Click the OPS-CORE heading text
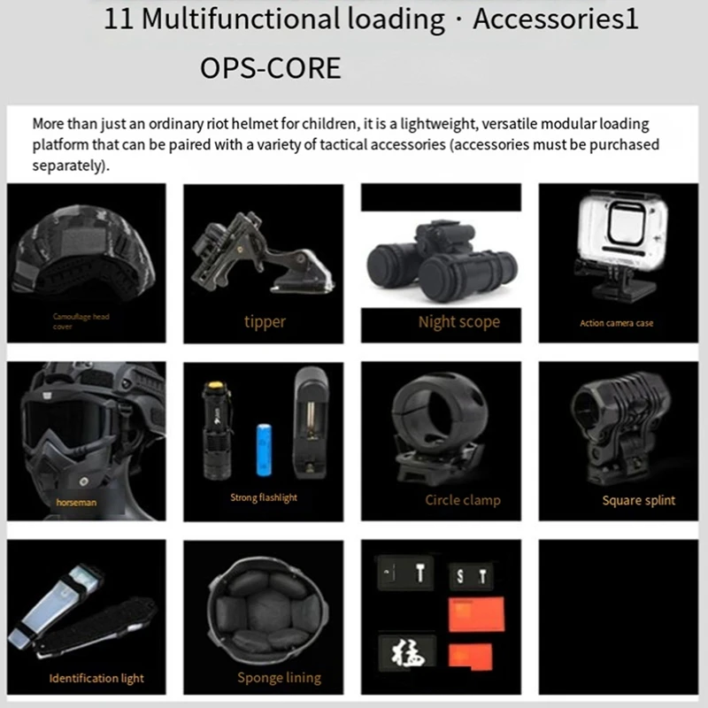pyautogui.click(x=270, y=68)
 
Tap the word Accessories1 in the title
pyautogui.click(x=555, y=19)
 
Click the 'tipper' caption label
pyautogui.click(x=265, y=322)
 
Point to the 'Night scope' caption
pyautogui.click(x=458, y=322)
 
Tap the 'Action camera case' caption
pyautogui.click(x=617, y=323)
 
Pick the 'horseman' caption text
pyautogui.click(x=74, y=502)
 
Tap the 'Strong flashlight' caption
pyautogui.click(x=264, y=498)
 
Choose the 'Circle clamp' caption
pyautogui.click(x=462, y=500)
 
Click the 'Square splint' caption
pyautogui.click(x=638, y=500)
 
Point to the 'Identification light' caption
pyautogui.click(x=96, y=679)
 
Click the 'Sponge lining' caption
pyautogui.click(x=279, y=679)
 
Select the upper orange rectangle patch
pyautogui.click(x=476, y=613)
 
